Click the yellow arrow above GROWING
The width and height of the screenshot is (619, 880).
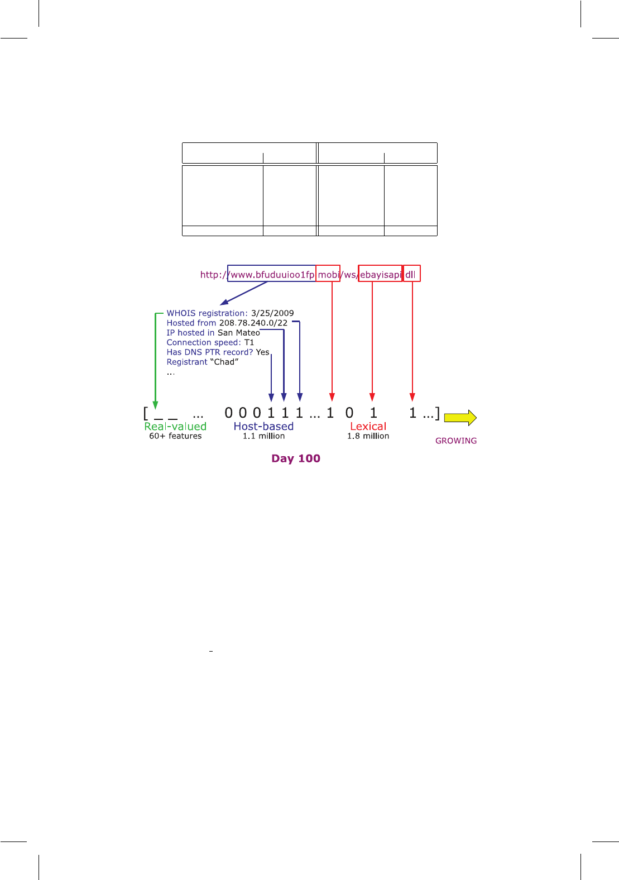click(x=460, y=418)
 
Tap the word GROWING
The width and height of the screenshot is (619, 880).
click(x=456, y=441)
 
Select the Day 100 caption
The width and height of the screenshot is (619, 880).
click(x=296, y=458)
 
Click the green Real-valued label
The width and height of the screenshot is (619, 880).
click(x=175, y=426)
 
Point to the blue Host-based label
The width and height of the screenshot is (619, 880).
click(x=263, y=426)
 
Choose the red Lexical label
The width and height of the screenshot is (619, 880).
click(x=368, y=426)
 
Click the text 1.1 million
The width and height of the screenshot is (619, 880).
click(x=263, y=436)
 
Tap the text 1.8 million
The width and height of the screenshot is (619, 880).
click(x=368, y=436)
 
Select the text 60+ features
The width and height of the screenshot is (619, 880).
click(x=175, y=436)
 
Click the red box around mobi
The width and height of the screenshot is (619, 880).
click(x=328, y=274)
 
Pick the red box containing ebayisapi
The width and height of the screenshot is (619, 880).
click(x=380, y=274)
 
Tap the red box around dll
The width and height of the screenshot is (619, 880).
click(x=411, y=274)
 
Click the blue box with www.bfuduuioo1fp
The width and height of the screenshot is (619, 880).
click(x=272, y=274)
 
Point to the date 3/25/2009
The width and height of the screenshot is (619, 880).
click(x=272, y=313)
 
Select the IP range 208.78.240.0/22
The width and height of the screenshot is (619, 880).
click(x=253, y=323)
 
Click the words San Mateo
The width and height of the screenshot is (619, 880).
click(x=239, y=333)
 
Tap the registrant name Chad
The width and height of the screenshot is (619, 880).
click(x=224, y=362)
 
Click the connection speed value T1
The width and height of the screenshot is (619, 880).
click(x=249, y=342)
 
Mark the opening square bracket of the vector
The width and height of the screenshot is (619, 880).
click(x=146, y=414)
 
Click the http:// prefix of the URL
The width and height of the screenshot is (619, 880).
click(x=213, y=275)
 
